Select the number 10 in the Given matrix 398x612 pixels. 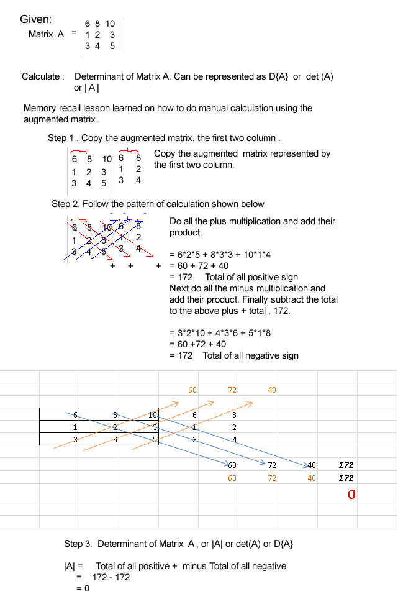(110, 23)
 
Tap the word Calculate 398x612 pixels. (42, 76)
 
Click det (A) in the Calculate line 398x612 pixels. (320, 76)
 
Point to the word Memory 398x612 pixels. (40, 108)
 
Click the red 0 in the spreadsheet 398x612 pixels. (351, 495)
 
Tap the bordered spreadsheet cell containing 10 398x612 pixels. (139, 414)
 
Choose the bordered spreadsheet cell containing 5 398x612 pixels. (139, 439)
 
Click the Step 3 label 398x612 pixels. (78, 544)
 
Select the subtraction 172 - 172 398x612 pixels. (111, 577)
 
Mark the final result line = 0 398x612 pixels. (83, 588)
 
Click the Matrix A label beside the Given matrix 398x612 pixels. (47, 34)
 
